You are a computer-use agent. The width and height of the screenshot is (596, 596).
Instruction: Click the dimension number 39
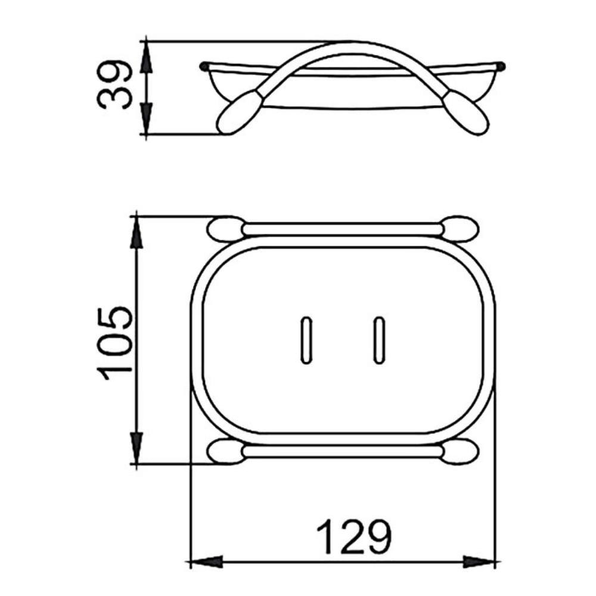[x=114, y=85]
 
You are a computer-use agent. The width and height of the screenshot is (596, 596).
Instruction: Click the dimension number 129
[x=353, y=537]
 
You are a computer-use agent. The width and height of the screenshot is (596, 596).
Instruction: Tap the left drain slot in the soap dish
[x=306, y=340]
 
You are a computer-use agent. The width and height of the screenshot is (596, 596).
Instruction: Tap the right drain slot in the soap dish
[x=379, y=340]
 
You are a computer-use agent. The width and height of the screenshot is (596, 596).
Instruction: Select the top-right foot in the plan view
[x=461, y=229]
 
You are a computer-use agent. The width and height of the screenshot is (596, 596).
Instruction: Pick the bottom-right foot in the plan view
[x=461, y=451]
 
